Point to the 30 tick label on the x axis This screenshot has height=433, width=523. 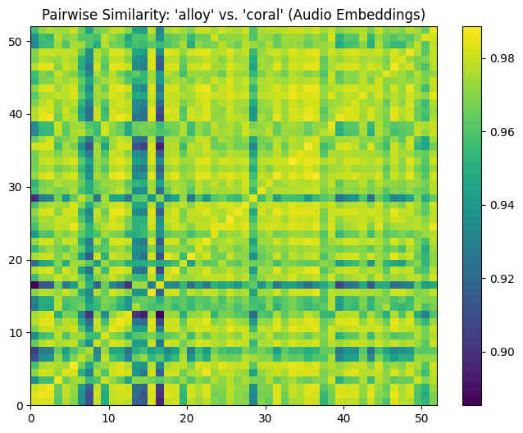pos(266,417)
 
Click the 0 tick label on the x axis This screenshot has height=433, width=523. pos(31,417)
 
